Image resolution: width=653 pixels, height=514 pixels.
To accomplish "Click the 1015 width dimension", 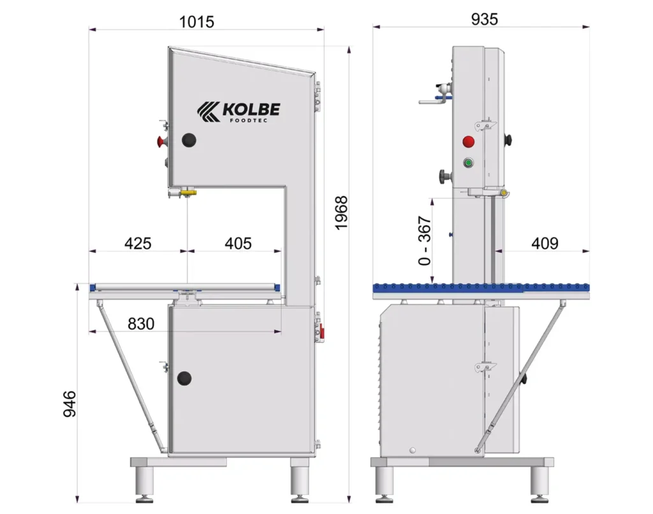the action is [x=196, y=22].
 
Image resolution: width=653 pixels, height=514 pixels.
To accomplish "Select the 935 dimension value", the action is [x=485, y=19].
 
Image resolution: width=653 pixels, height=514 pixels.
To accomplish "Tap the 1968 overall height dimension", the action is [x=342, y=213].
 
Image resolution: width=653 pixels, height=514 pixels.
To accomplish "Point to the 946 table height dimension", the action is [x=70, y=404].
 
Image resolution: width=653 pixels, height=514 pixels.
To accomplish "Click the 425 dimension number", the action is [x=138, y=243].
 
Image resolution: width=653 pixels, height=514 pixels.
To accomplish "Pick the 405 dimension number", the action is [x=238, y=243].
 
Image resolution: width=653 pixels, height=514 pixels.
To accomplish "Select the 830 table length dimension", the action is [x=141, y=324].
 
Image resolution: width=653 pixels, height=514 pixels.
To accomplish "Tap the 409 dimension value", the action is [x=545, y=243].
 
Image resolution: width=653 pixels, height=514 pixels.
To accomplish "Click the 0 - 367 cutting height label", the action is [x=424, y=241].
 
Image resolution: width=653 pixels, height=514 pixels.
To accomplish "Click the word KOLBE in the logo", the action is [x=251, y=110].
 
